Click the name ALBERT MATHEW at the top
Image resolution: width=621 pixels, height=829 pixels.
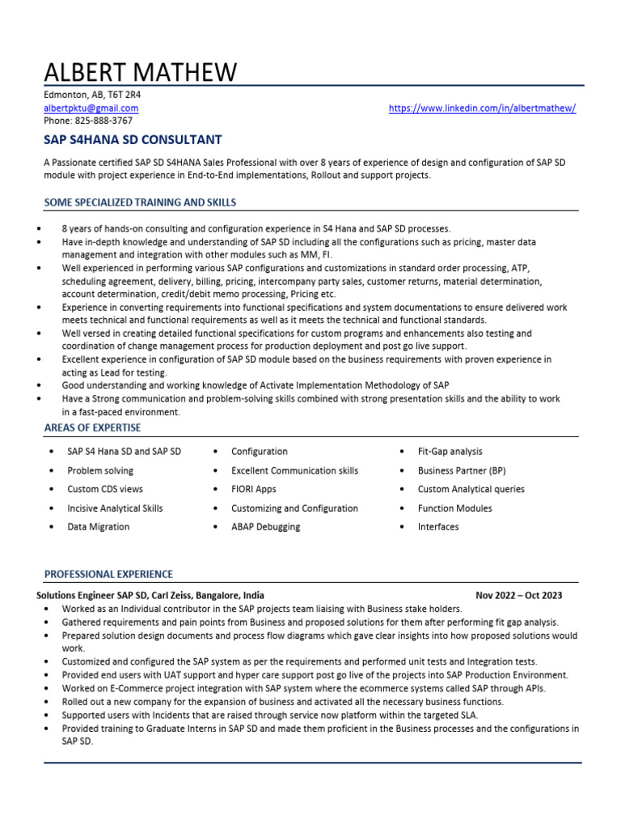point(140,72)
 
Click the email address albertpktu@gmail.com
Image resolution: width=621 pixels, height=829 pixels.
point(91,108)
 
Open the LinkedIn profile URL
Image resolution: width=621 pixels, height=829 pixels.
point(482,108)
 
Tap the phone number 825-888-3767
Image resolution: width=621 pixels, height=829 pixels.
point(88,121)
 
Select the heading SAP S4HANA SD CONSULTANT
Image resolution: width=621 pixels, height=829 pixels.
point(133,140)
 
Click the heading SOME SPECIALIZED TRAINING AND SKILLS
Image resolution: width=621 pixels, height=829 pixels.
point(140,202)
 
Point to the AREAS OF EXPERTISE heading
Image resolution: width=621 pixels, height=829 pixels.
point(92,427)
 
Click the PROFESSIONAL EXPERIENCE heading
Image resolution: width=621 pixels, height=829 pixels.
point(108,574)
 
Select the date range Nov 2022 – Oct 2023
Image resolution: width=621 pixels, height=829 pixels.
point(519,595)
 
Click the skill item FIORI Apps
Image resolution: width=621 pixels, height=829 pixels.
point(253,489)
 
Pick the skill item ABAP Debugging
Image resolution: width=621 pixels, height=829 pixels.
point(265,527)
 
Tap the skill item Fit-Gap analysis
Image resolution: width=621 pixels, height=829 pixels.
point(450,452)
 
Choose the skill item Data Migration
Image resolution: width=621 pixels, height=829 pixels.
point(98,527)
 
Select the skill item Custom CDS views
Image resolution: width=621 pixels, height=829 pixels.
point(105,489)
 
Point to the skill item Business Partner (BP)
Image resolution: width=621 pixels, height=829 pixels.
point(461,470)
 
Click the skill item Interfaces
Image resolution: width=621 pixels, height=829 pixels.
point(437,527)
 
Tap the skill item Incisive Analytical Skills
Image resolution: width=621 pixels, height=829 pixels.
point(115,508)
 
